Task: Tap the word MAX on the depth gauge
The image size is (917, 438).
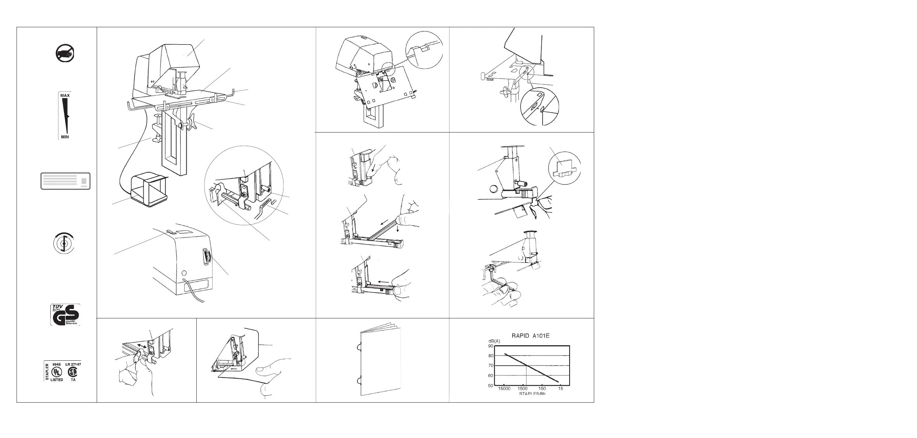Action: click(65, 95)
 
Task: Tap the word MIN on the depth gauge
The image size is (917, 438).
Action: click(65, 137)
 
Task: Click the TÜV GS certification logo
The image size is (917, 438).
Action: click(65, 315)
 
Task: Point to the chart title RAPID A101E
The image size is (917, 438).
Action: click(531, 336)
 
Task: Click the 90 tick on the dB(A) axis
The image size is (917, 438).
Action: click(490, 346)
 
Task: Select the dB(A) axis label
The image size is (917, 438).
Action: click(492, 341)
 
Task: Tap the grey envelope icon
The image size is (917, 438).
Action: click(65, 181)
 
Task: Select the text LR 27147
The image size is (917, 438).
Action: click(73, 364)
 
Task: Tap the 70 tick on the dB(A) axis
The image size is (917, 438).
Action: click(490, 366)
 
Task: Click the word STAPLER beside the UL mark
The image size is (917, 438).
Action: click(47, 372)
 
